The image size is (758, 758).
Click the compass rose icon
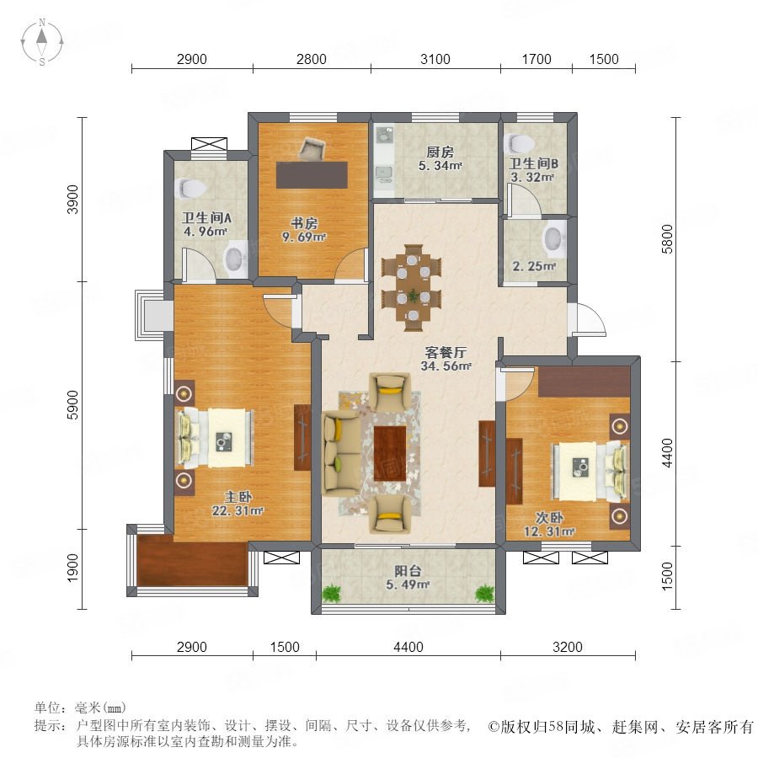(x=42, y=42)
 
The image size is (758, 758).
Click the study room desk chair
(x=312, y=148)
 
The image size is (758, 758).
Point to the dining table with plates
(x=413, y=288)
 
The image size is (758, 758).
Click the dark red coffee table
(x=390, y=453)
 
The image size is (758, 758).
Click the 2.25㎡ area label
(x=534, y=266)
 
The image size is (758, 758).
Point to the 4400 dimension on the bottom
(x=408, y=646)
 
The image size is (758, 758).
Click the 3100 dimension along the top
(x=435, y=59)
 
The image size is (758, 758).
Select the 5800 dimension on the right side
(x=667, y=239)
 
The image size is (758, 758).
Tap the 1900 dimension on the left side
(x=72, y=568)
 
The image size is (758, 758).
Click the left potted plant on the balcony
(x=331, y=593)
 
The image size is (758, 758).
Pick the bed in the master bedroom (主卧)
(x=216, y=438)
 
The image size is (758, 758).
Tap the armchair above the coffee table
(x=390, y=391)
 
